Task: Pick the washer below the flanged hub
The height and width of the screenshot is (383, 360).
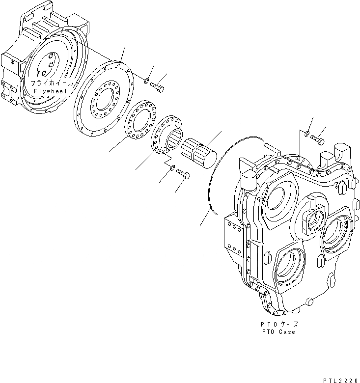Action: (171, 168)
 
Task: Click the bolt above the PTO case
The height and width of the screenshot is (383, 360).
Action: (318, 140)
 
